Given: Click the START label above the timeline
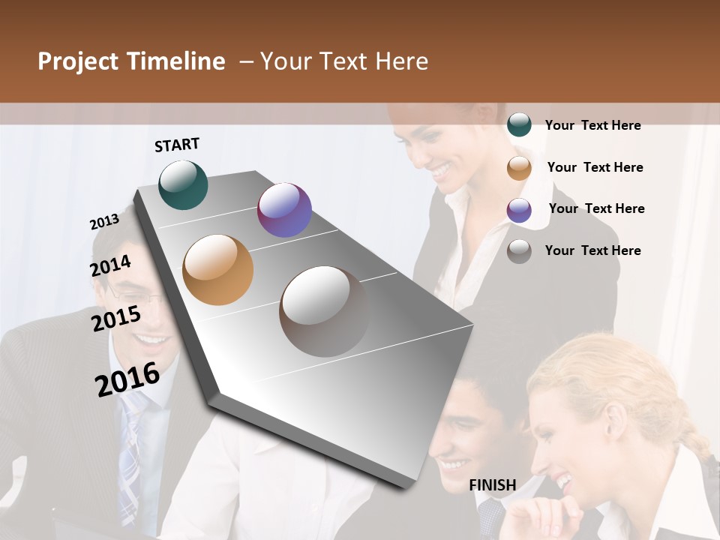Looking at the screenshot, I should click(x=177, y=145).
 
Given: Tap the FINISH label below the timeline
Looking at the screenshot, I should click(x=492, y=485).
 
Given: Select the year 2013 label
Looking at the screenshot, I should click(x=104, y=222).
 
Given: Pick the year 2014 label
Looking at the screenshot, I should click(x=110, y=266).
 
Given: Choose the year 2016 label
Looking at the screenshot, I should click(x=127, y=379).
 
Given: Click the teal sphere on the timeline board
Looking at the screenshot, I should click(x=183, y=184).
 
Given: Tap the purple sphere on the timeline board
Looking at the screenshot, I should click(x=284, y=210).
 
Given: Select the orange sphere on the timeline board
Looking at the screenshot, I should click(x=217, y=270).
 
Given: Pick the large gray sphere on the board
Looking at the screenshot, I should click(x=324, y=311).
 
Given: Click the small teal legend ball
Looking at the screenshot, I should click(x=519, y=125).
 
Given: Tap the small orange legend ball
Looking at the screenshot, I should click(x=519, y=168).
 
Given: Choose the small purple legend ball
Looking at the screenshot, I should click(x=519, y=210).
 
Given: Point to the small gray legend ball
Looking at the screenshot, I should click(x=519, y=251).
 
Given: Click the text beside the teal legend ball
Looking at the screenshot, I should click(x=592, y=125).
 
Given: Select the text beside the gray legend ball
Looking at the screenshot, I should click(x=592, y=250).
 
